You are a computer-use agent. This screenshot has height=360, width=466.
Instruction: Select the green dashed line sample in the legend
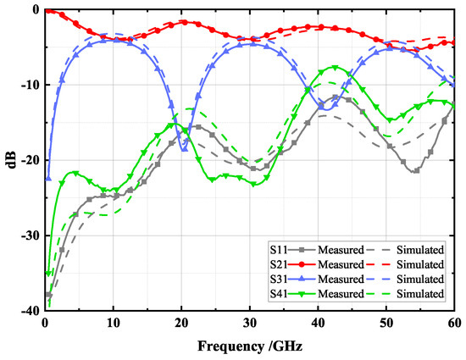click(x=378, y=293)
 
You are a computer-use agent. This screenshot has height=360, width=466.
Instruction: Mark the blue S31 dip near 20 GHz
click(x=185, y=149)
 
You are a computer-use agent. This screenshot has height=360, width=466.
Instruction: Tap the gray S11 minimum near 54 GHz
click(x=415, y=171)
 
